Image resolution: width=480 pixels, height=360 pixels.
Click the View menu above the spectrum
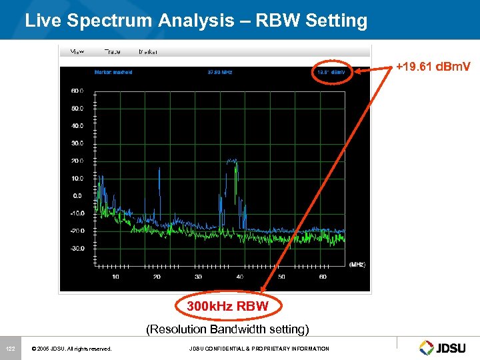(77, 51)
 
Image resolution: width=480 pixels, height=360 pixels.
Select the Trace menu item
(112, 51)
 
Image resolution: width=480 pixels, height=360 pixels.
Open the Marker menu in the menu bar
(149, 51)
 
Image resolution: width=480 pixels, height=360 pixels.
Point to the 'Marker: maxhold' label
(113, 72)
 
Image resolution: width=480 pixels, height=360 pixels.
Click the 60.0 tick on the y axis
(77, 90)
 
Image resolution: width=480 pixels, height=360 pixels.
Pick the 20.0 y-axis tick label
(77, 161)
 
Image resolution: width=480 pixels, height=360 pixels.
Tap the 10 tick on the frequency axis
(115, 277)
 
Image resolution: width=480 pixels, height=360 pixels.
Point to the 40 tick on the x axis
(240, 277)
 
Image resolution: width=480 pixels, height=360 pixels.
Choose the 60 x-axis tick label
(323, 277)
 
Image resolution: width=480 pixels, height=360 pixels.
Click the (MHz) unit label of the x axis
(357, 265)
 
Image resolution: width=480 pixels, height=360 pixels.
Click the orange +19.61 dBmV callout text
(433, 67)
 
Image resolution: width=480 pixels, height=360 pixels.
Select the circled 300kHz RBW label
(227, 307)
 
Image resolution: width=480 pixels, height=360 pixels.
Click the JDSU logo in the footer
(445, 347)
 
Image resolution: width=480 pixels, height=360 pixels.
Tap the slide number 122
(11, 349)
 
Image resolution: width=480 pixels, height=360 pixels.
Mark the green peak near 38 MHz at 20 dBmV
(232, 161)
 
